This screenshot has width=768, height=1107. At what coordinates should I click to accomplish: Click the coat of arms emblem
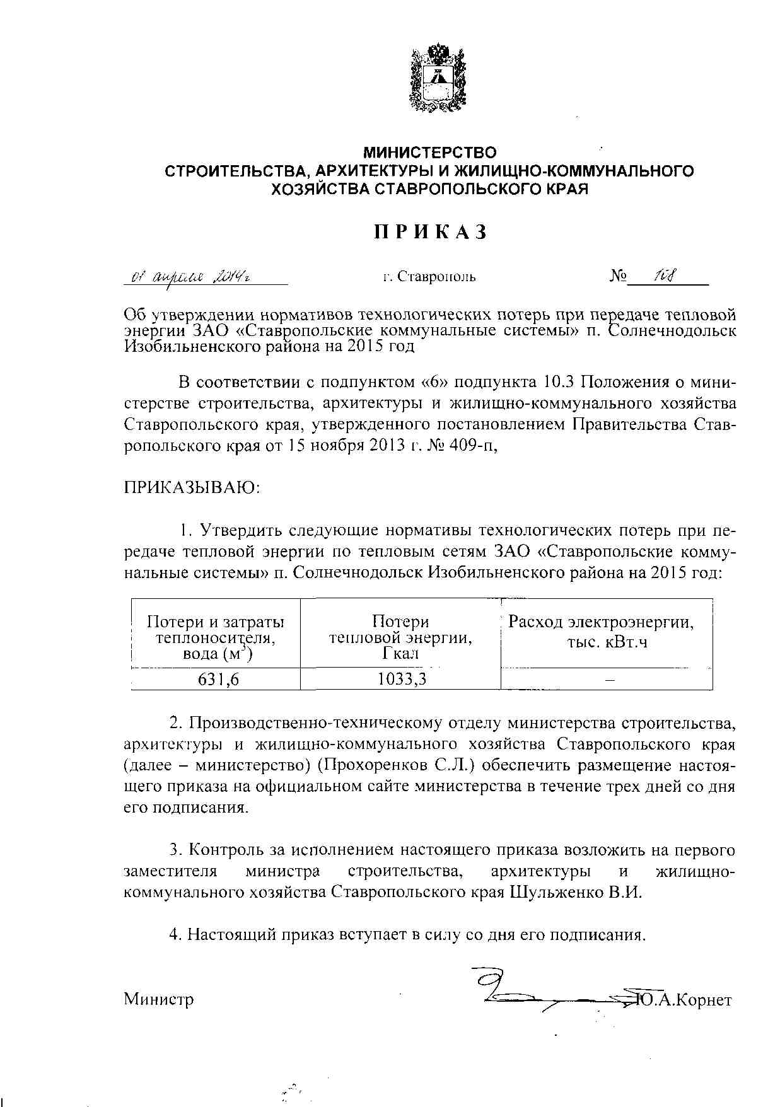438,78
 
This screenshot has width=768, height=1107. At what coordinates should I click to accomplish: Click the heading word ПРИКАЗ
431,232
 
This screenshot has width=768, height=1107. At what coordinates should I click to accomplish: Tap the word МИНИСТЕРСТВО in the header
430,153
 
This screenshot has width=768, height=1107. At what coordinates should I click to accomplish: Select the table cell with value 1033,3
400,679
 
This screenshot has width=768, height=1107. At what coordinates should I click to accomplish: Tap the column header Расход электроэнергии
601,632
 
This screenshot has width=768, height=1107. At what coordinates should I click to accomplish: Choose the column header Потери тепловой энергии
400,637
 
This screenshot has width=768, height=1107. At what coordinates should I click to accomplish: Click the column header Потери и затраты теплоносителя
216,637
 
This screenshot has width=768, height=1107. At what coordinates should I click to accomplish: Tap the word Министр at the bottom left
159,999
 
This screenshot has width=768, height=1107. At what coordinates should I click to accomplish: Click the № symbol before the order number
618,276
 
